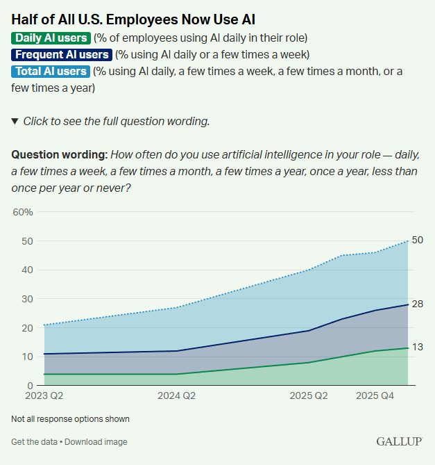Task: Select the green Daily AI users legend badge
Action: click(51, 38)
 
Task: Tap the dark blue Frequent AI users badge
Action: click(62, 54)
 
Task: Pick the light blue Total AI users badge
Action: click(51, 71)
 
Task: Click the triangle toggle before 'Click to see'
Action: click(15, 121)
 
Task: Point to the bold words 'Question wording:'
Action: click(59, 154)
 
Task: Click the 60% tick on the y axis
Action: click(23, 212)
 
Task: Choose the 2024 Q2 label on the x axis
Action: click(178, 396)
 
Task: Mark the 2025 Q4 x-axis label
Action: click(376, 396)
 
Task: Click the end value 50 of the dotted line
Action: click(418, 240)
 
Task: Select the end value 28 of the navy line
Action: click(418, 304)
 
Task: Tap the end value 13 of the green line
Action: click(418, 348)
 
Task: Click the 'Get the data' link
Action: click(34, 442)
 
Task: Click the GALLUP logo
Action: click(400, 441)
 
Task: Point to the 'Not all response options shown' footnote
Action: click(70, 419)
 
